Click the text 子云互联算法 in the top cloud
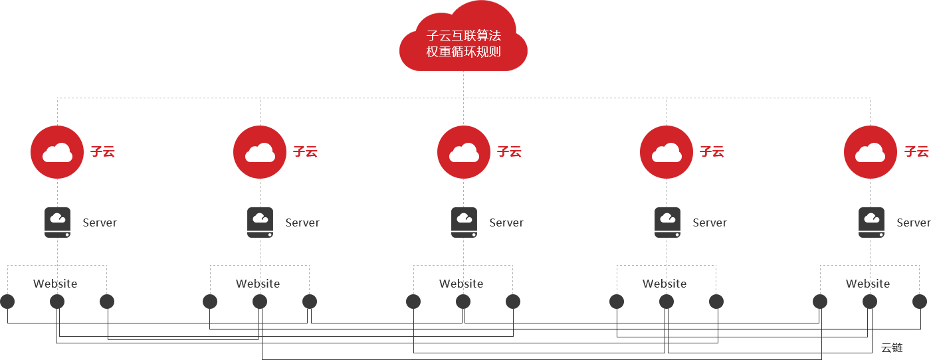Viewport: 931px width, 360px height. tap(463, 36)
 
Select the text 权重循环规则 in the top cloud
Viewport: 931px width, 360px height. tap(463, 51)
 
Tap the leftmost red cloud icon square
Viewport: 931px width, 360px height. tap(57, 152)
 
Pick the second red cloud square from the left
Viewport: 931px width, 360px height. tap(260, 152)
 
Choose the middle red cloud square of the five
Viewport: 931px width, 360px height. tap(464, 152)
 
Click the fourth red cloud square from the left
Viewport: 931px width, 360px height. tap(667, 152)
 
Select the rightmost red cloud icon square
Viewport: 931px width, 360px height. tap(871, 152)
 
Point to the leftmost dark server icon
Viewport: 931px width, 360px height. tap(57, 222)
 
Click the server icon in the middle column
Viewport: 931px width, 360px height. tap(464, 222)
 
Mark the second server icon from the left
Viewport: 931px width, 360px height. tap(260, 222)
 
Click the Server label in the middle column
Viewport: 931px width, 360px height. tap(506, 223)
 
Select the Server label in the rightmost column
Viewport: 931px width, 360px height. tap(913, 223)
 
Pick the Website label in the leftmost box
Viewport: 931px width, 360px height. tap(55, 284)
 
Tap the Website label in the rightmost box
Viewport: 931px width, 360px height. tap(868, 284)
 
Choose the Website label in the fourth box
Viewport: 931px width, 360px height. tap(665, 284)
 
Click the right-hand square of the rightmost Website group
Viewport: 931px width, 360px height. tap(920, 302)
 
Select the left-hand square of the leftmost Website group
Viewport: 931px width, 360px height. tap(7, 302)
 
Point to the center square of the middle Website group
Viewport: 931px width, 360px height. tap(463, 302)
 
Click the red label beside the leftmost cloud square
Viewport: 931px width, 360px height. tap(103, 152)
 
